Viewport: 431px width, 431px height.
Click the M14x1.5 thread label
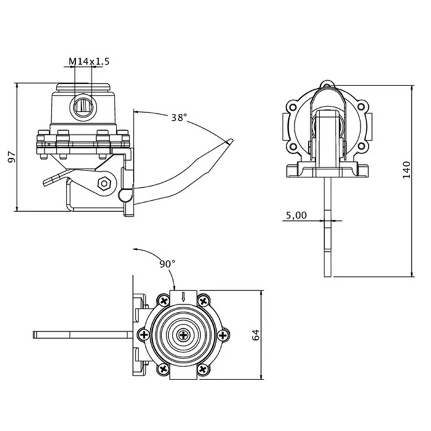pyautogui.click(x=88, y=62)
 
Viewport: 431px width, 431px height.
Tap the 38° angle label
pyautogui.click(x=179, y=118)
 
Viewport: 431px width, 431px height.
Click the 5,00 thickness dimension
pyautogui.click(x=296, y=215)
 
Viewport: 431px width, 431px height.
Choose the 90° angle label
pyautogui.click(x=167, y=263)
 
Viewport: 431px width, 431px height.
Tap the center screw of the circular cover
pyautogui.click(x=183, y=335)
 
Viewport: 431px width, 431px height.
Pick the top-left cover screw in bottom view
pyautogui.click(x=163, y=301)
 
